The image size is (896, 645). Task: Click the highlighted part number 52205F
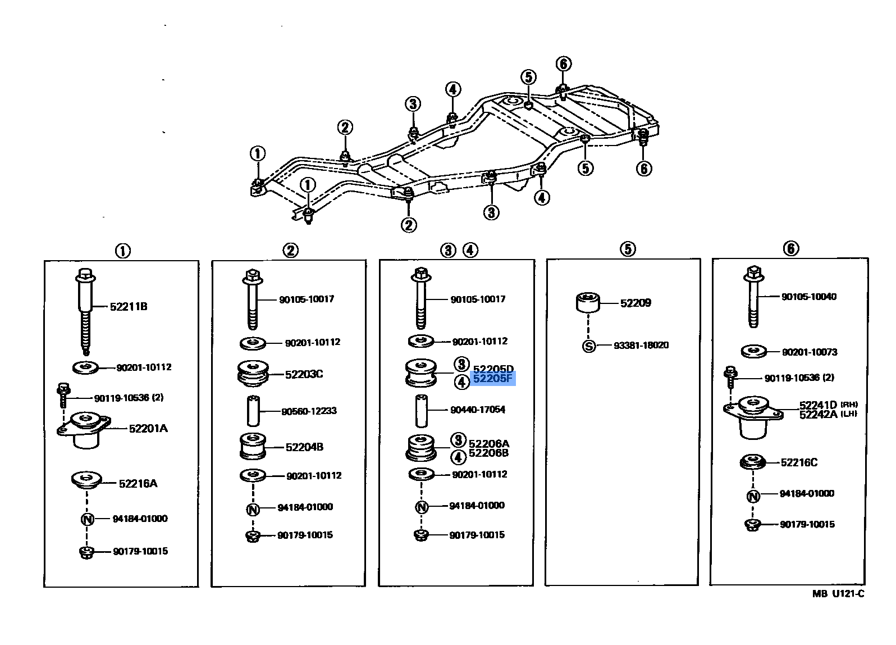point(492,379)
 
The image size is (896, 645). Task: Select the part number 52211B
point(129,307)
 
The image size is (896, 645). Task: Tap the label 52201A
point(148,429)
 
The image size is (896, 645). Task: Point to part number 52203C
point(304,374)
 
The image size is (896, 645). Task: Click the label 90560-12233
point(309,411)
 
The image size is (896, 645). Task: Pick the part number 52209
point(636,303)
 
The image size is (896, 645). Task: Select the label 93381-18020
point(641,346)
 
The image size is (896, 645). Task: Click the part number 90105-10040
point(808,297)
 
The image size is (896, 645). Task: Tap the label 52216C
point(799,463)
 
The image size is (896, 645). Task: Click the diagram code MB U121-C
point(838,594)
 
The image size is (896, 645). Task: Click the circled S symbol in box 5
point(588,346)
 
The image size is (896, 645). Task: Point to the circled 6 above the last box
point(790,248)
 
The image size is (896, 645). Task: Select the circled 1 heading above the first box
point(122,251)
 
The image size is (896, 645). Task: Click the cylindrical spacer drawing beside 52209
point(588,302)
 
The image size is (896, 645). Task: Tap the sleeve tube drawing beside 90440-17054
point(422,411)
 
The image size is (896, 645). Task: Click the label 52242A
point(818,415)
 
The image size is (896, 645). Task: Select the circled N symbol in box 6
point(753,496)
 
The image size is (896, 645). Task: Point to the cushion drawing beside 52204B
point(253,447)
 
